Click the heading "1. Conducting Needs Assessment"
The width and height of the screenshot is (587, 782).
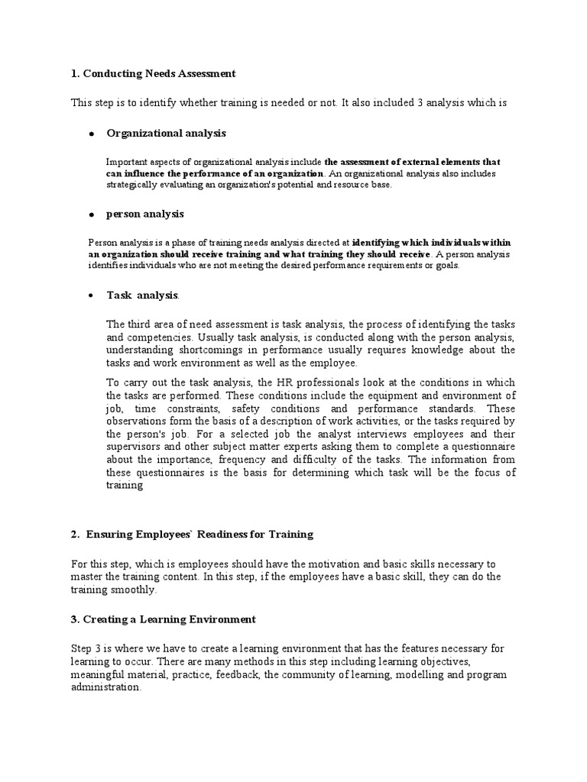tap(153, 73)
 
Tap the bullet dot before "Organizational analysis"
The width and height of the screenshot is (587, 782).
tap(91, 134)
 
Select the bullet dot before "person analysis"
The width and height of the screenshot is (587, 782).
tap(91, 215)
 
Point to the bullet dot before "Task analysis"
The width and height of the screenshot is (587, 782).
tap(91, 295)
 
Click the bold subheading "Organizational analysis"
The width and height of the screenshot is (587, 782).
tap(166, 133)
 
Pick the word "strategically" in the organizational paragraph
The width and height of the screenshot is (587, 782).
tap(131, 185)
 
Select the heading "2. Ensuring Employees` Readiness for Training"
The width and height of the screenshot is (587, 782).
tap(191, 534)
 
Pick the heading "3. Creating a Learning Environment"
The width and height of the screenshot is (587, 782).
tap(162, 619)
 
